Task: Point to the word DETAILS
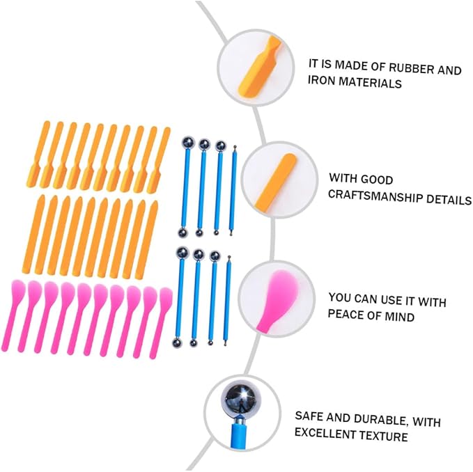(x=449, y=200)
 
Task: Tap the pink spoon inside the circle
(x=277, y=301)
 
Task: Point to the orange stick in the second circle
(x=274, y=180)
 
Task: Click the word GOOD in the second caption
(x=377, y=180)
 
